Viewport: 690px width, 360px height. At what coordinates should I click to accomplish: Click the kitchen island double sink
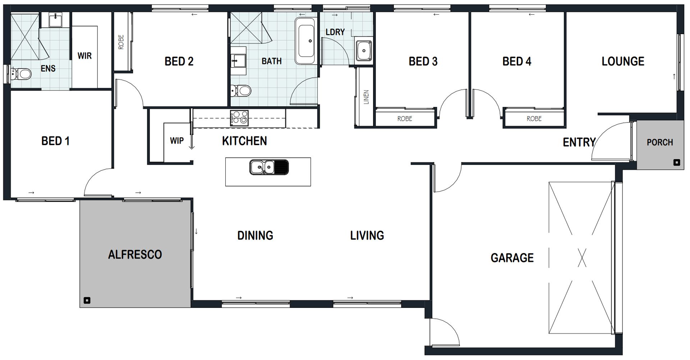pos(269,167)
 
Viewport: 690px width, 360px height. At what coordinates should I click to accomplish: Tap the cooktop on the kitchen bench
pos(239,117)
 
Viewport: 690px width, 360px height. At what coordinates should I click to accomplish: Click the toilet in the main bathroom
pos(241,91)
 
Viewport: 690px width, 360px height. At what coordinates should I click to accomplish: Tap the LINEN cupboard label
pos(366,97)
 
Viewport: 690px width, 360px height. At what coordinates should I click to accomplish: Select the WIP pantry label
pos(177,140)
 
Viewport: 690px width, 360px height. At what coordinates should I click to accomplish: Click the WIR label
pos(84,56)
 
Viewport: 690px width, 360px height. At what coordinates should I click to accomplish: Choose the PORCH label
pos(660,142)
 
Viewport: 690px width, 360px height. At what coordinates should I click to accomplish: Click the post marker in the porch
pos(677,163)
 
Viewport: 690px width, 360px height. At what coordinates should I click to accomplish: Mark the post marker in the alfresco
pos(86,300)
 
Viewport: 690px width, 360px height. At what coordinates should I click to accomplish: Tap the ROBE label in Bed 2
pos(121,42)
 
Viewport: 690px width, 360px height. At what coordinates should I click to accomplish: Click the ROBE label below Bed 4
pos(534,119)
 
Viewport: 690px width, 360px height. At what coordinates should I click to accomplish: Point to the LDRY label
pos(335,32)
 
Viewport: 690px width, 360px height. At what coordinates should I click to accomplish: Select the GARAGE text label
pos(512,258)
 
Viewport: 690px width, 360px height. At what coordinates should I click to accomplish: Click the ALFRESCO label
pos(135,254)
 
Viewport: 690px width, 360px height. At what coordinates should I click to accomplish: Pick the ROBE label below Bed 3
pos(405,119)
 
